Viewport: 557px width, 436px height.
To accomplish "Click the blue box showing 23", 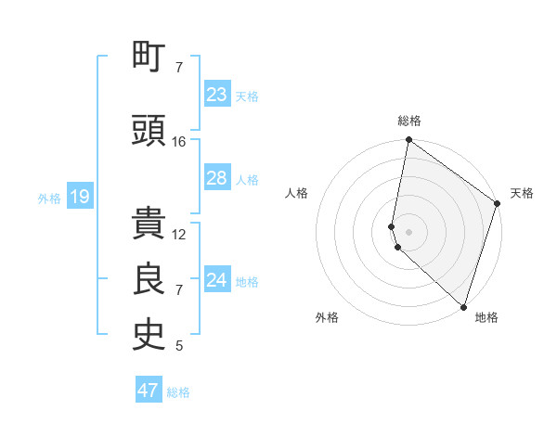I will pos(217,95).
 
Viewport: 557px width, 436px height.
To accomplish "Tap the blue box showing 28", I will pos(217,178).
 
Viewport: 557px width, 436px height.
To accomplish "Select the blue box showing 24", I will pos(217,280).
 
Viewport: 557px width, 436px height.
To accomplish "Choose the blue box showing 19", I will pos(79,197).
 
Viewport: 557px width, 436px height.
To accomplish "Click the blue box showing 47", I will pos(149,391).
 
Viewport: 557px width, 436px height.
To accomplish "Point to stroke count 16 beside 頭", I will pos(179,142).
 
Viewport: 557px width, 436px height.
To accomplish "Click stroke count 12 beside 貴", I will pos(179,235).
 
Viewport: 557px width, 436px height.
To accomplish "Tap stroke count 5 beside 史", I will pos(179,346).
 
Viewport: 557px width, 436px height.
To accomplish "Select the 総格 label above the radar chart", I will pos(409,122).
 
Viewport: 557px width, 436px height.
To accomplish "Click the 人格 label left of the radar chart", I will pos(297,193).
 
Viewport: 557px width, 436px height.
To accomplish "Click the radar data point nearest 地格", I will pos(463,307).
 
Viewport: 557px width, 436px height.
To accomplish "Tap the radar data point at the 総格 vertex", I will pos(408,141).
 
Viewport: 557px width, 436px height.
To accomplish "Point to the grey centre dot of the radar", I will pos(408,230).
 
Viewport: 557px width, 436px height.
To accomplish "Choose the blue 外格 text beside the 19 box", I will pos(49,198).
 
